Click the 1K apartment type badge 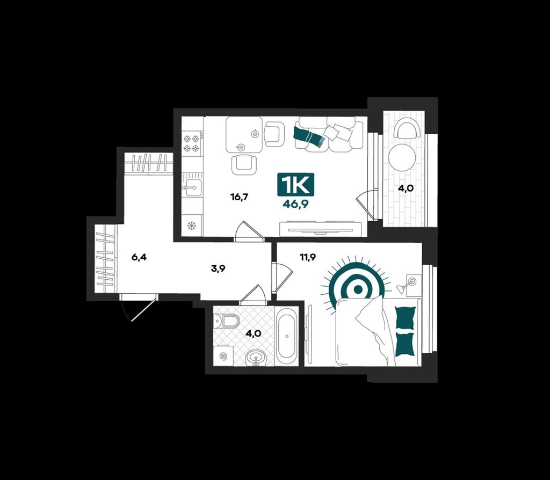pos(296,184)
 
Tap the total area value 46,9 pos(296,205)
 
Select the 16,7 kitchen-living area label pos(239,197)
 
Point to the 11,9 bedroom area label pos(308,258)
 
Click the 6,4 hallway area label pos(139,258)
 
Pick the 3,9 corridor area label pos(218,268)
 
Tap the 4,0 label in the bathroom pos(253,333)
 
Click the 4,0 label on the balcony pos(406,188)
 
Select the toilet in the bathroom pos(227,321)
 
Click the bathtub pos(287,336)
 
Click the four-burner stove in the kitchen pos(192,143)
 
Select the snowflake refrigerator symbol pos(192,226)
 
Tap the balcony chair pos(407,128)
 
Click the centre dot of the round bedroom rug pos(358,289)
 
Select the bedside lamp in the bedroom pos(407,285)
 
